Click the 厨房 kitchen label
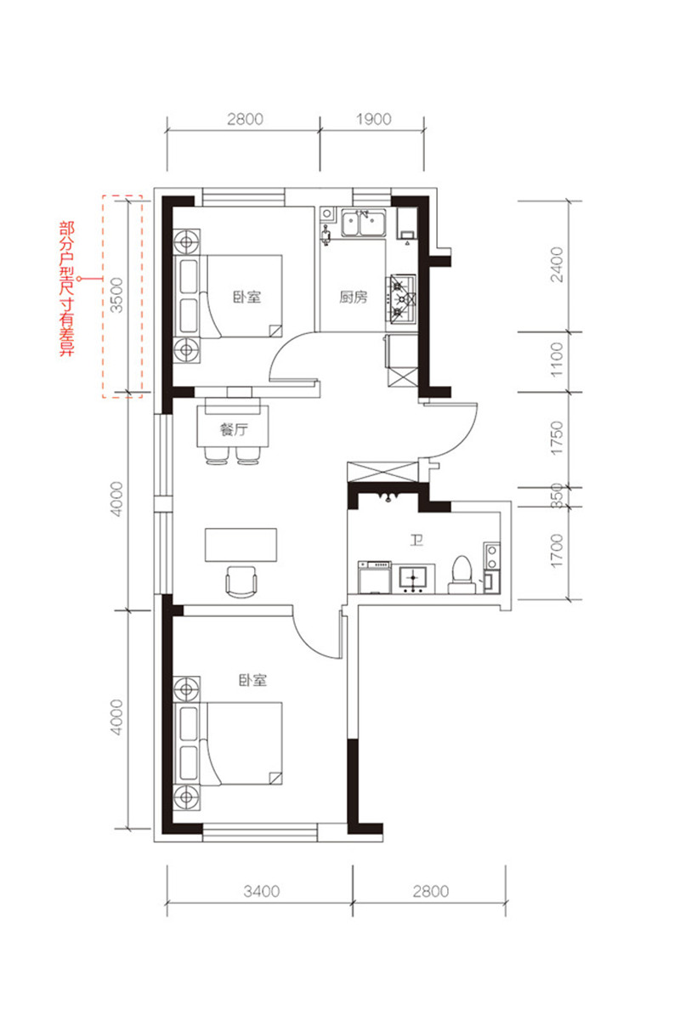353,297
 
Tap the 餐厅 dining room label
234,429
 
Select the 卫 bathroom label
416,541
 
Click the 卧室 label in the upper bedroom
246,297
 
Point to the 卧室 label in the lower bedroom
252,680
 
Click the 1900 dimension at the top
373,119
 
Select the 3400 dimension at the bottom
262,891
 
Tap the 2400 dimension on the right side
557,264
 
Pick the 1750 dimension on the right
557,438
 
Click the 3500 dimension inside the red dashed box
117,295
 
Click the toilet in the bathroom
462,575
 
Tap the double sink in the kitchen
364,223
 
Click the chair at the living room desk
241,582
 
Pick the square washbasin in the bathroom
412,578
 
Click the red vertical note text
67,289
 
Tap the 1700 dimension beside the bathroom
557,551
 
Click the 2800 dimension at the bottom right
431,891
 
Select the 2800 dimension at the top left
245,119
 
